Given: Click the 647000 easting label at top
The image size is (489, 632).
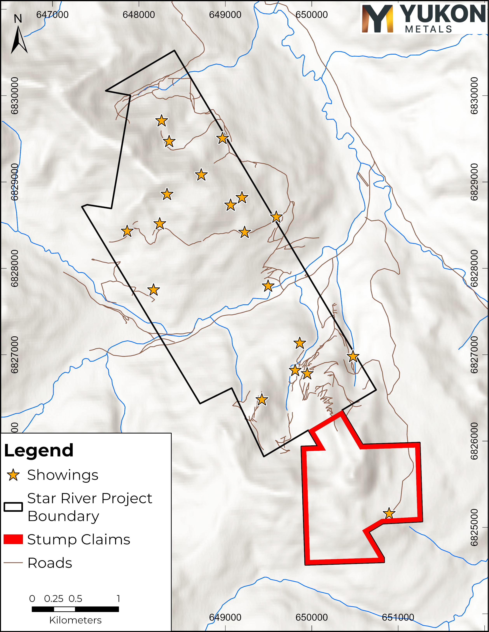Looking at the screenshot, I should point(52,14).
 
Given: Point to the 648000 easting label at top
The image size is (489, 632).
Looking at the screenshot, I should point(139,14).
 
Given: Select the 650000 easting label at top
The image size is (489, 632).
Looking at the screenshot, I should point(312,14).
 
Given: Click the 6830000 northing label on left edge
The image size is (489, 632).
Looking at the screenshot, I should point(14,96).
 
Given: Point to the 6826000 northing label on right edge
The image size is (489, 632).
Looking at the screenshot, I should point(474,441).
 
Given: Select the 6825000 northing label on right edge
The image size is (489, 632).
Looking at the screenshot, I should point(474,527).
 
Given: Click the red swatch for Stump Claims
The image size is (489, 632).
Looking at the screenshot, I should point(13,539).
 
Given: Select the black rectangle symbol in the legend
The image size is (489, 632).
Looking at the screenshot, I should point(13,507).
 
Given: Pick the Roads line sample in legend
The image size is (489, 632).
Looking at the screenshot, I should point(13,563).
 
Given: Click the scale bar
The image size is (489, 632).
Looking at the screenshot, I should point(75,609).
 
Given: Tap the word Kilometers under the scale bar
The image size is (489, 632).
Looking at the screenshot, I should point(75,620).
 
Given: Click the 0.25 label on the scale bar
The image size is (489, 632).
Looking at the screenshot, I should point(54,598).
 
